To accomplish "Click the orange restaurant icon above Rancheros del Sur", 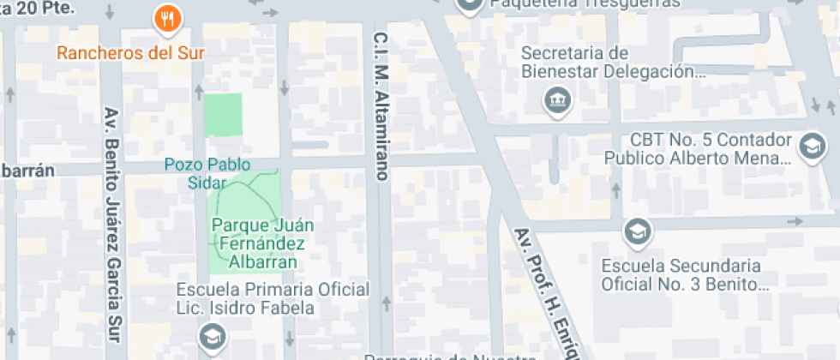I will pos(165,17).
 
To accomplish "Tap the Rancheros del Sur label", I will pos(131,52).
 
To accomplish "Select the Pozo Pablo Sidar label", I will pos(195,173).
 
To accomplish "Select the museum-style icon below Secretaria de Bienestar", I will pos(557,101).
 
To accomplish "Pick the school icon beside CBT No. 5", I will pos(810,146).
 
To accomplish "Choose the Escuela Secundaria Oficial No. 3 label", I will pos(681,273).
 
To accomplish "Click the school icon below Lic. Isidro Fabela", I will pos(211,335).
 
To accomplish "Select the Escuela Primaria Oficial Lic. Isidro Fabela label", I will pos(273,298).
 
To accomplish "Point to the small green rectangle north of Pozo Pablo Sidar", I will pos(223,115).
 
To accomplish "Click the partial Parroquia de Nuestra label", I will pos(450,356).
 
